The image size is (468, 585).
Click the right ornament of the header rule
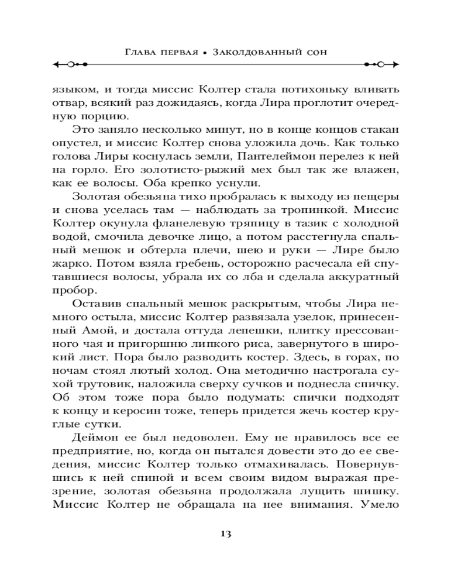click(x=381, y=63)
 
